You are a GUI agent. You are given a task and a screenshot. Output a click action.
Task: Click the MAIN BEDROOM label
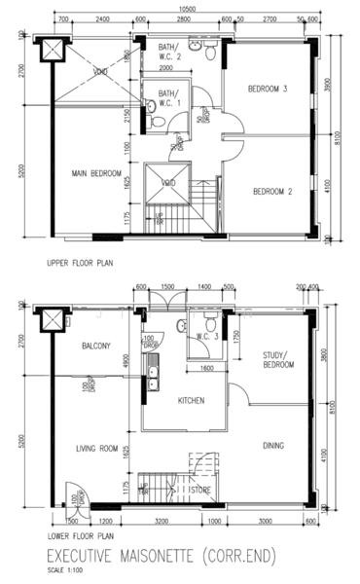[x=93, y=174]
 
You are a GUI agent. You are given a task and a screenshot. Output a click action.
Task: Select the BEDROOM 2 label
[x=272, y=192]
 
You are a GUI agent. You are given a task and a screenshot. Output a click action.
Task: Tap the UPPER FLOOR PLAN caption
[x=82, y=264]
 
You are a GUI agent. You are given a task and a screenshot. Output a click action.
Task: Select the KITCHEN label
[x=190, y=400]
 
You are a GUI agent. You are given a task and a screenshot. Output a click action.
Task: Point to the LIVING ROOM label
[x=96, y=449]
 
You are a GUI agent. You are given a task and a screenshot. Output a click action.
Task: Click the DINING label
[x=273, y=447]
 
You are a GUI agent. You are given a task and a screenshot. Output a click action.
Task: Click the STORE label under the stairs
[x=202, y=491]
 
